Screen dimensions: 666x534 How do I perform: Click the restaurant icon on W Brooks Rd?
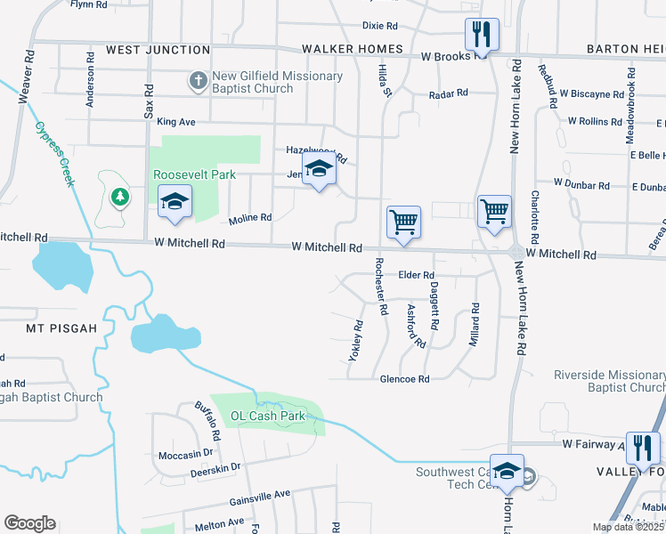click(x=482, y=36)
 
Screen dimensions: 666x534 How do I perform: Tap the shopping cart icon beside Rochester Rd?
click(x=403, y=222)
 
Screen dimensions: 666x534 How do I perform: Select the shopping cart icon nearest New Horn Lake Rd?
click(x=494, y=213)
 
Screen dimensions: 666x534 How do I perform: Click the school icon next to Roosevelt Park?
click(x=175, y=202)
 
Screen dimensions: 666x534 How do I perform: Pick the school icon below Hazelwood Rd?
click(x=319, y=168)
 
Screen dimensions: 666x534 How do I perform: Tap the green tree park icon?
click(x=118, y=195)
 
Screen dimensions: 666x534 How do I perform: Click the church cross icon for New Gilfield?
click(x=198, y=82)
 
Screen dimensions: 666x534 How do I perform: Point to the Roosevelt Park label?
click(x=194, y=174)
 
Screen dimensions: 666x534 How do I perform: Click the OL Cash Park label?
click(x=268, y=416)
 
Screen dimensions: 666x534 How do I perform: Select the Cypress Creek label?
click(x=54, y=153)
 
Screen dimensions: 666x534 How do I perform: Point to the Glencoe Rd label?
click(x=405, y=379)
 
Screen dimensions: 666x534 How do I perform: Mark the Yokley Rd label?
click(x=358, y=341)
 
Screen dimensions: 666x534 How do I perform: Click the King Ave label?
click(x=175, y=121)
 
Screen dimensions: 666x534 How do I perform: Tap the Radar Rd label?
click(x=448, y=93)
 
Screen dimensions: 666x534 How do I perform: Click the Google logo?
click(x=29, y=523)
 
